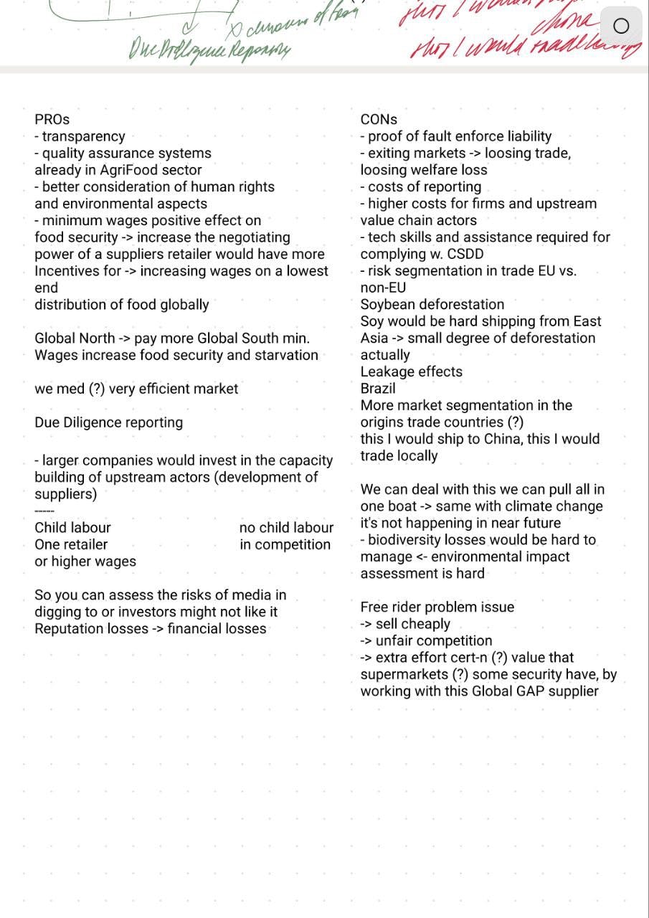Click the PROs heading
[52, 120]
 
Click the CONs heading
[379, 120]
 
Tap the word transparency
[83, 136]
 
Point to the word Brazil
[378, 389]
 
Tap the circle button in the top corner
[622, 27]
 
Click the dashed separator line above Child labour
[44, 511]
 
